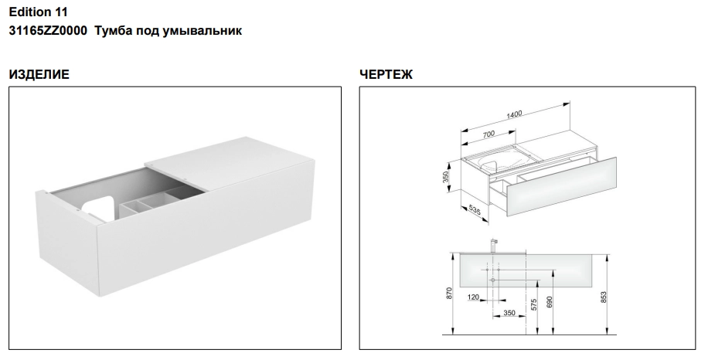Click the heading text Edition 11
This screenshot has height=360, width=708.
tap(38, 12)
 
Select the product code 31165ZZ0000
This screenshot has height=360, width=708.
tap(47, 31)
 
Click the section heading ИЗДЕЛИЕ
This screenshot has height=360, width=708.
tap(39, 74)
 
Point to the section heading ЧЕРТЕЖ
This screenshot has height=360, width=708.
tap(386, 74)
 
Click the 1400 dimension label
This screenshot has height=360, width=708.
tap(514, 114)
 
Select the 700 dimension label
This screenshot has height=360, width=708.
tap(488, 134)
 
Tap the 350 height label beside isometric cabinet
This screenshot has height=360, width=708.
tap(446, 178)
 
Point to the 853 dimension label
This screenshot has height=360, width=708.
tap(604, 297)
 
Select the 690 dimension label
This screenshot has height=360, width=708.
tap(550, 302)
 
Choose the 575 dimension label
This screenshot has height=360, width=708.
tap(534, 304)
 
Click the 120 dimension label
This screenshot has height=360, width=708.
tap(473, 297)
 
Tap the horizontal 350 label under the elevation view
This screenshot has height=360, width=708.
tap(509, 313)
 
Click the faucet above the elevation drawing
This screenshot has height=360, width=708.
tap(494, 246)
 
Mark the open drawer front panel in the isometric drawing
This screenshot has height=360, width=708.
tap(561, 186)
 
